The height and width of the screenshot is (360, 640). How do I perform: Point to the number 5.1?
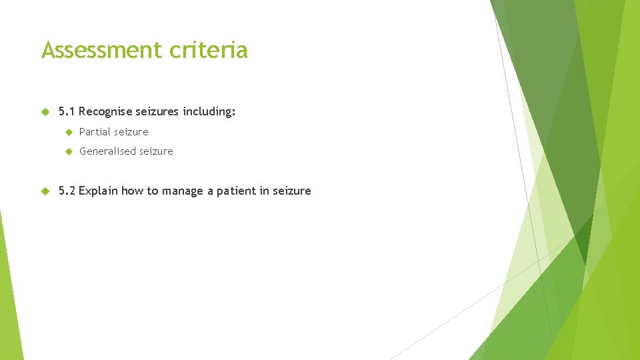67,112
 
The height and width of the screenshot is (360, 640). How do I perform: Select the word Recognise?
105,112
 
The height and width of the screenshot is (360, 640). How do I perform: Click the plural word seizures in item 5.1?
158,112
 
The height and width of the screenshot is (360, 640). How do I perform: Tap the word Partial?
95,132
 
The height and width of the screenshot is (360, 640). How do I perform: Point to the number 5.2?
67,191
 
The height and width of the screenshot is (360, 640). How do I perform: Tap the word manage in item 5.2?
183,191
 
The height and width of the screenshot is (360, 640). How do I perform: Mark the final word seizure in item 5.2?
291,191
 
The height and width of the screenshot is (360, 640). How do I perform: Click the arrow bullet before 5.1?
45,112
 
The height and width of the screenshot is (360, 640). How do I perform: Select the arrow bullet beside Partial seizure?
67,132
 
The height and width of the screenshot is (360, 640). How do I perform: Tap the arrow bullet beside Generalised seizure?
67,151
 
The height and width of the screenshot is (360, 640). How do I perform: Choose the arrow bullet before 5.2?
45,191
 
